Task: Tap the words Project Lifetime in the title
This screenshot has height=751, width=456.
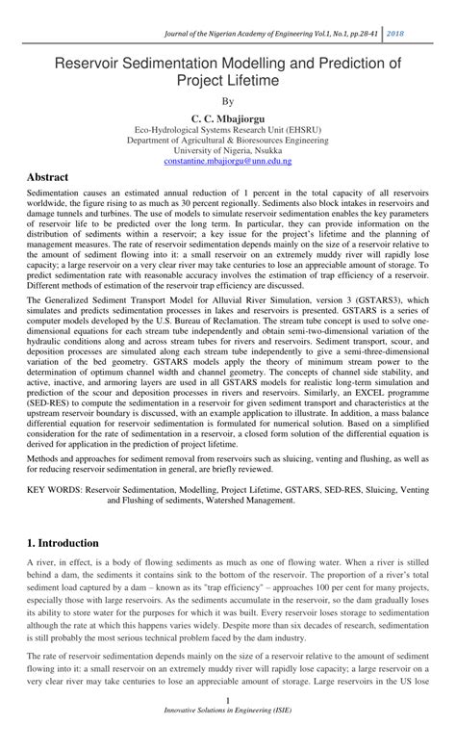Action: [x=228, y=82]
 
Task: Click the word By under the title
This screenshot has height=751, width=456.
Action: [x=228, y=100]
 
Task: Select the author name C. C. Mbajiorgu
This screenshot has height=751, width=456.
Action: [x=228, y=116]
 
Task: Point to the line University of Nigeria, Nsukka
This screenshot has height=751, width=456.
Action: [x=228, y=149]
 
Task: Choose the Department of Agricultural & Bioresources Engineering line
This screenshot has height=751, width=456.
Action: [x=228, y=139]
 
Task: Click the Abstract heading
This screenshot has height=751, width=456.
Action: [x=47, y=178]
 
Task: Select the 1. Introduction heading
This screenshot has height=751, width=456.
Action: [x=68, y=544]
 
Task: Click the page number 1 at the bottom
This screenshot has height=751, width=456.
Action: [x=227, y=727]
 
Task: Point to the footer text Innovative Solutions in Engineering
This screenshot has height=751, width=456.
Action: [x=228, y=738]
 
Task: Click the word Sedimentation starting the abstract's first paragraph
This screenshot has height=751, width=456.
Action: [x=54, y=194]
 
